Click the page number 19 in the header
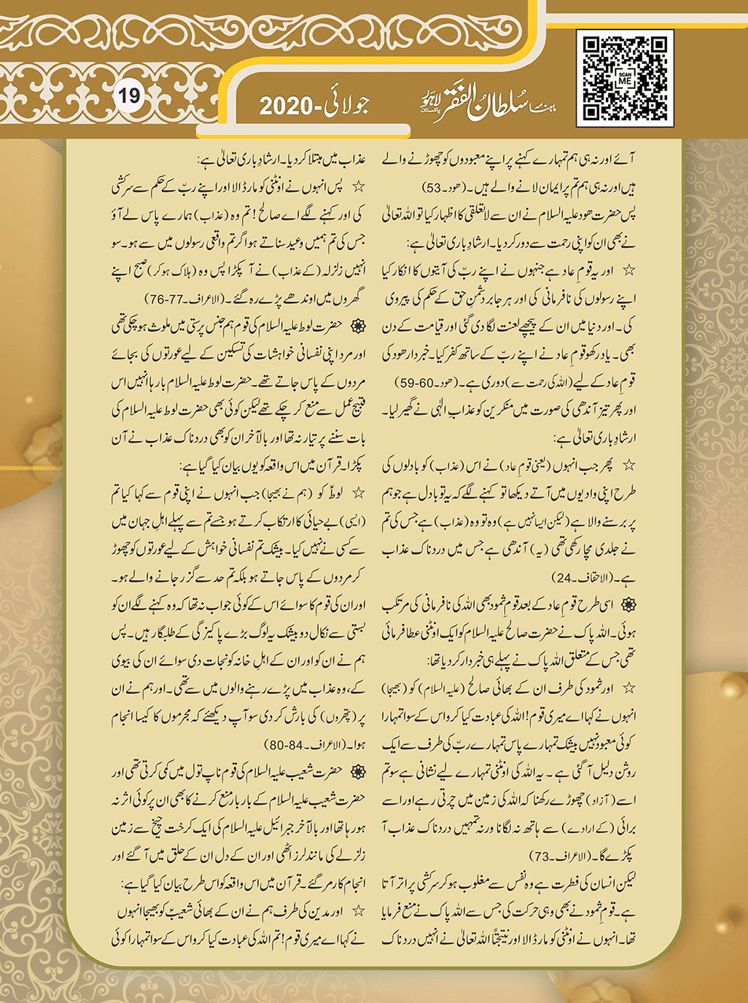click(x=129, y=95)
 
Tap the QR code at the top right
click(x=625, y=78)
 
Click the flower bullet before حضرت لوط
click(x=358, y=327)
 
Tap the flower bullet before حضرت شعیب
click(x=358, y=772)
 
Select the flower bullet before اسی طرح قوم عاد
click(x=628, y=605)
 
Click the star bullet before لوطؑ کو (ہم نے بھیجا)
click(x=359, y=493)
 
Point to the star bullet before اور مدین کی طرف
click(x=359, y=911)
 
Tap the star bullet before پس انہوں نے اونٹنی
click(x=358, y=187)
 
